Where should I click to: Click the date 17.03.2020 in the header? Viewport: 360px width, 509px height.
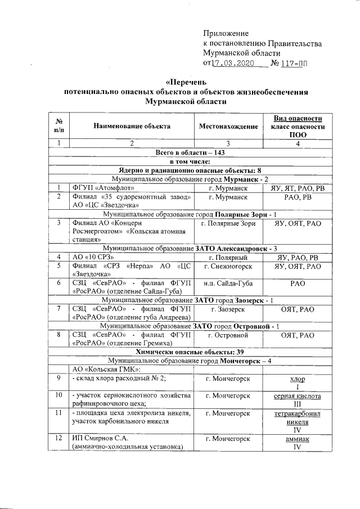click(231, 63)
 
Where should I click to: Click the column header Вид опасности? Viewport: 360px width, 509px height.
click(298, 118)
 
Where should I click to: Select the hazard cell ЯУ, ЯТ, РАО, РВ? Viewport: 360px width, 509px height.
click(298, 187)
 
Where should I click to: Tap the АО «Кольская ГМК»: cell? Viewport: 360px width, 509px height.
click(103, 369)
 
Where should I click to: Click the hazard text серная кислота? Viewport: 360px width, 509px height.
click(298, 396)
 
